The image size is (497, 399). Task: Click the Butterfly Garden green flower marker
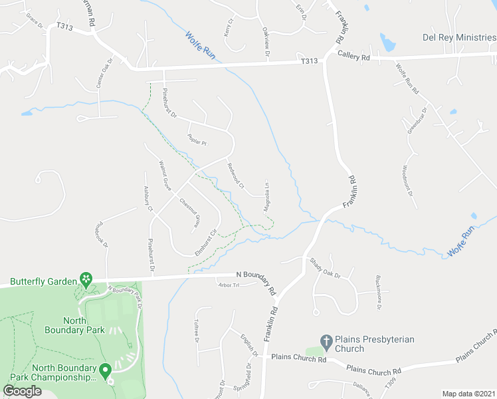click(x=85, y=278)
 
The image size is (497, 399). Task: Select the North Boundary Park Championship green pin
click(x=104, y=370)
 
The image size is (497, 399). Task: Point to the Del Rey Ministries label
click(x=459, y=37)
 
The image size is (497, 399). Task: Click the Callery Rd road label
click(x=353, y=57)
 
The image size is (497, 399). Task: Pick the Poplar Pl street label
click(x=197, y=141)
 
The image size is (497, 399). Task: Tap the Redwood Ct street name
click(x=236, y=175)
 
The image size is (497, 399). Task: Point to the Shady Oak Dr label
click(x=324, y=267)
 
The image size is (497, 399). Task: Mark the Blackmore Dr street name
click(x=378, y=293)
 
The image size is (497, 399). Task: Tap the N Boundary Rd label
click(x=256, y=283)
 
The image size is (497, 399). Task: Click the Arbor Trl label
click(x=227, y=285)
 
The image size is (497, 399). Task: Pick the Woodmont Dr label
click(x=407, y=181)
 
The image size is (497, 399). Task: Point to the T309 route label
click(x=390, y=385)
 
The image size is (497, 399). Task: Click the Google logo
click(x=23, y=391)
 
